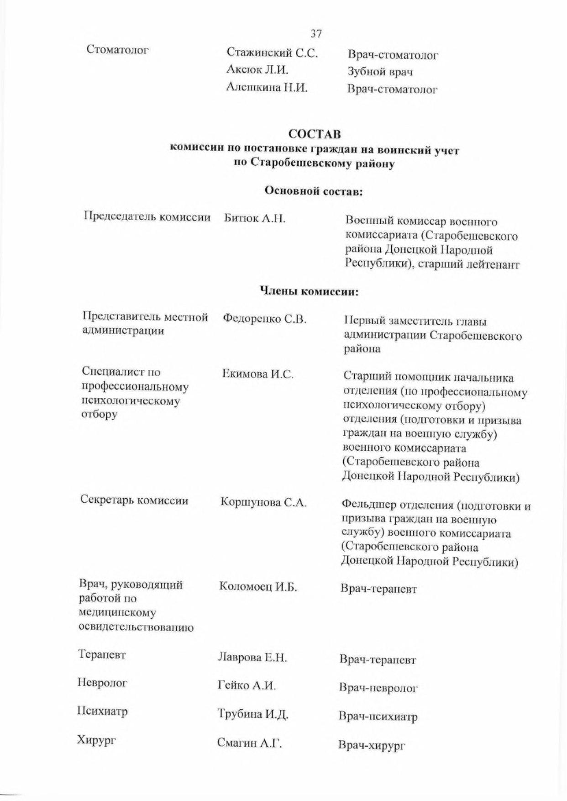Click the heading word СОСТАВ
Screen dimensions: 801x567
pos(315,134)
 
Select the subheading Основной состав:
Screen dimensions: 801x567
pos(314,191)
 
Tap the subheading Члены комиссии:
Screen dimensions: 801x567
pos(309,290)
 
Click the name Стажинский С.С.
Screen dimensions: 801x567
pos(272,53)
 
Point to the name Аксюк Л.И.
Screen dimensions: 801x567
pos(257,70)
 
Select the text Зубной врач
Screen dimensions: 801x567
pos(380,72)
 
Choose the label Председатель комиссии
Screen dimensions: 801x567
pos(147,217)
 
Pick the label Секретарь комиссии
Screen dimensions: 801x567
pos(134,501)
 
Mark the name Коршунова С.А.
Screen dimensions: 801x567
pos(263,503)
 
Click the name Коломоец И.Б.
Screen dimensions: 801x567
pos(258,586)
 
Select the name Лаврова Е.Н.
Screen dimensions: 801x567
pos(252,658)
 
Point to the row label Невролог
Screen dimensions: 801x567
pos(103,683)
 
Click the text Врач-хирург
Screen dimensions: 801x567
pos(372,745)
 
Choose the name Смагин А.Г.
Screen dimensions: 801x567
pos(249,743)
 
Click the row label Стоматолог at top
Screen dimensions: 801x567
pos(118,49)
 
